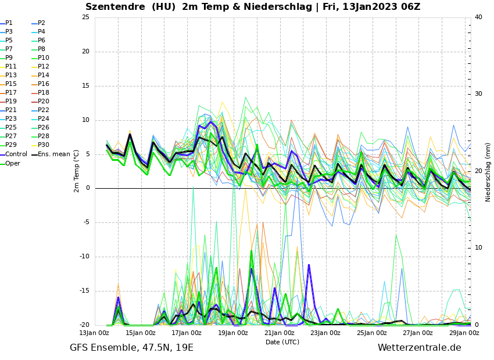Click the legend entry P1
(9, 23)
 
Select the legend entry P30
(44, 145)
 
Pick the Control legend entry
(16, 154)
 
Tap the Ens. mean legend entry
(54, 154)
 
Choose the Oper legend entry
(13, 163)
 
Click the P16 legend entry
(44, 84)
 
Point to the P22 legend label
(44, 110)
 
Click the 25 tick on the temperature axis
(85, 17)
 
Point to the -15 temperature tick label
(84, 291)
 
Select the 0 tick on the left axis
(88, 188)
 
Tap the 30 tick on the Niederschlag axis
(478, 93)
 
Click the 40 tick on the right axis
(478, 17)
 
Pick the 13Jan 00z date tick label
(94, 333)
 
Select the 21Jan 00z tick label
(279, 333)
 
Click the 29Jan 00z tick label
(464, 333)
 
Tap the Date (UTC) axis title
(282, 342)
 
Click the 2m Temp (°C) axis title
(76, 171)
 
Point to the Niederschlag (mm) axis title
(488, 172)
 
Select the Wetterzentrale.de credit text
(419, 348)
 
